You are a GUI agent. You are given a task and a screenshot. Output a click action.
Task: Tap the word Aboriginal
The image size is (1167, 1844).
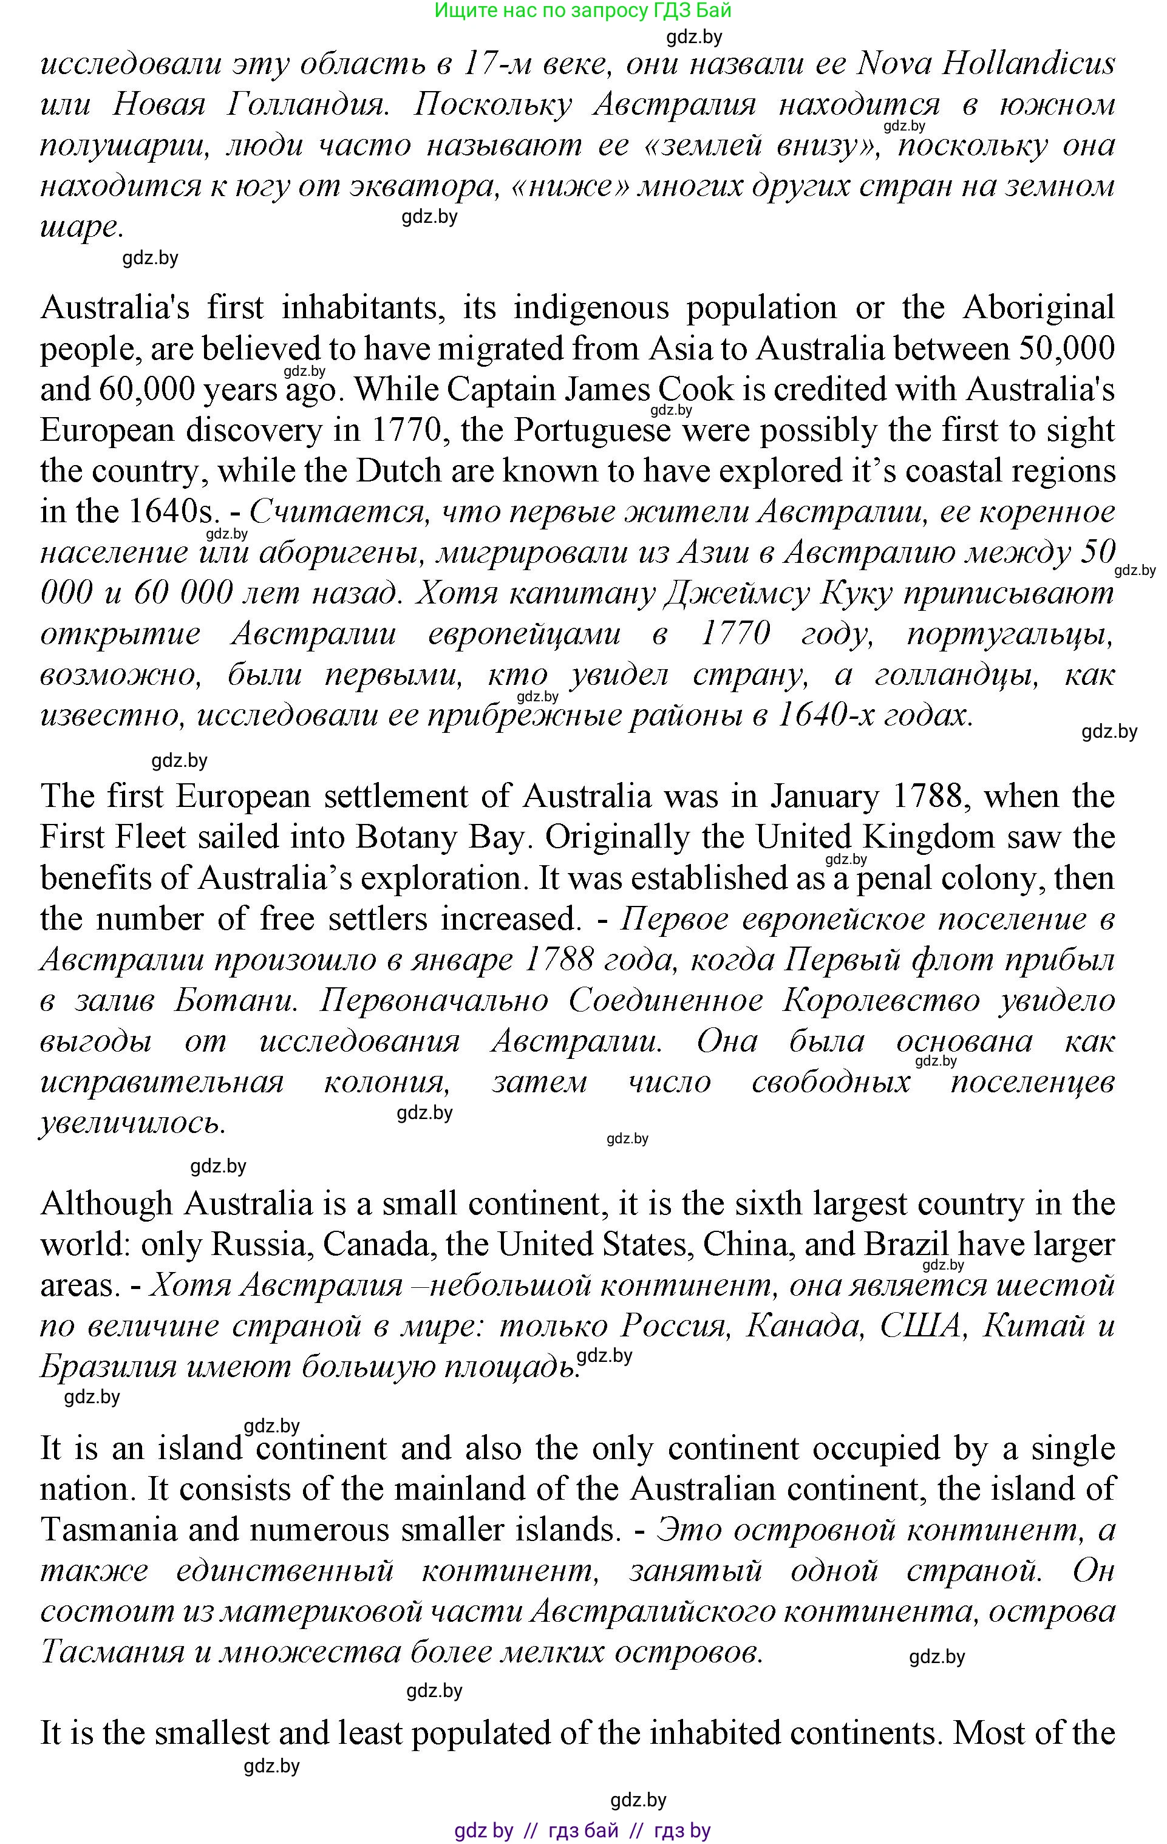(1038, 308)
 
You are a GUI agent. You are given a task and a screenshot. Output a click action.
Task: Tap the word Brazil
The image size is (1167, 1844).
(906, 1244)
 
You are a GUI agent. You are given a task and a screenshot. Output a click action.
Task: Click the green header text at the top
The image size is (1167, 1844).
(583, 11)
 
